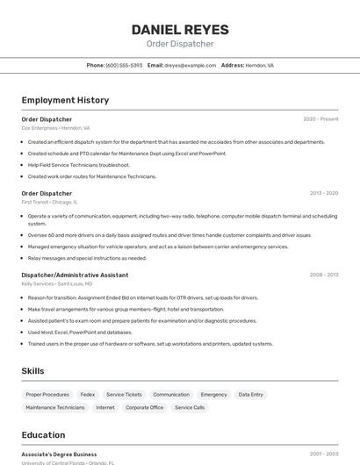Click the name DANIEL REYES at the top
coord(180,29)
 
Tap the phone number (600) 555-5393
coord(124,65)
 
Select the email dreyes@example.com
coord(190,65)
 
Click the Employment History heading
coord(65,100)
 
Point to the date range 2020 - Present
coord(320,118)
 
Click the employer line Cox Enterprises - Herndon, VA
coord(55,128)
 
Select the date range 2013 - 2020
coord(324,193)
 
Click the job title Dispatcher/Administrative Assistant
coord(75,275)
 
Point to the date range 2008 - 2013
coord(324,275)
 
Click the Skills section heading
coord(32,371)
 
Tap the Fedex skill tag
coord(88,395)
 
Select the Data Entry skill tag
coord(250,395)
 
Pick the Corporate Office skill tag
coord(144,407)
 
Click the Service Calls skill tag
coord(190,407)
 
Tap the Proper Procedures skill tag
coord(47,395)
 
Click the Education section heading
coord(43,435)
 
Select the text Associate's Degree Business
coord(59,454)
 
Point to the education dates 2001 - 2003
coord(324,454)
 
